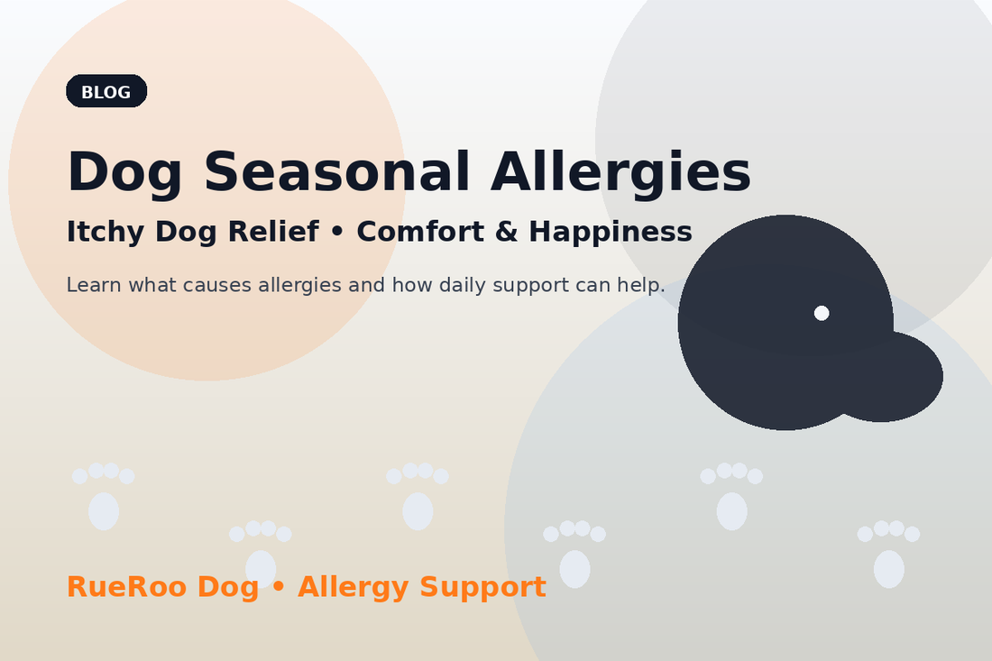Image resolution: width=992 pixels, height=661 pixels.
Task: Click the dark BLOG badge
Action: click(106, 91)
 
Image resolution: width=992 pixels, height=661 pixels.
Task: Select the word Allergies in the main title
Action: click(620, 172)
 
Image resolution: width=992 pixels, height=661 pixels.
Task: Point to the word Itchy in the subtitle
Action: click(105, 233)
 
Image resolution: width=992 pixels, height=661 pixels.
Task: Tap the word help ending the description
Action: click(642, 286)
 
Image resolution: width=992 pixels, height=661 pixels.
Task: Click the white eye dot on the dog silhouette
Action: click(822, 313)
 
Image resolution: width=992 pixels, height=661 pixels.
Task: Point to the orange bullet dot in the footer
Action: click(278, 588)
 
